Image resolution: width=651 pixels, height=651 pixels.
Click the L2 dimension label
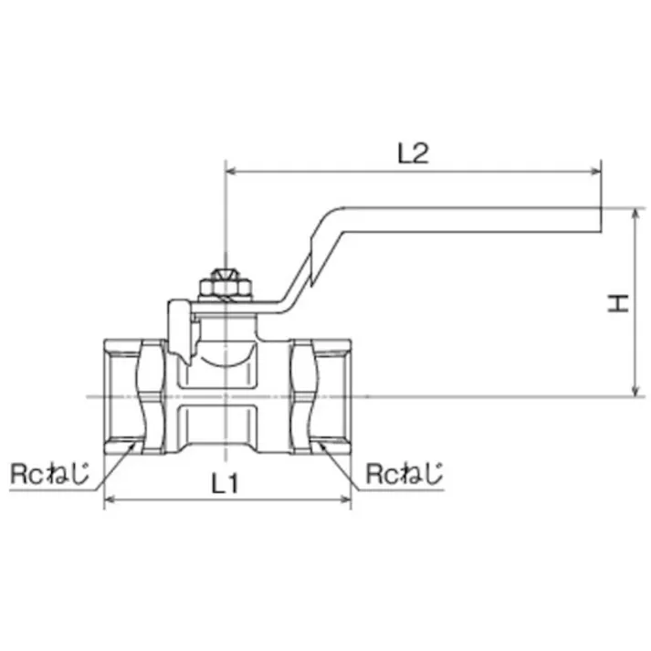click(x=413, y=152)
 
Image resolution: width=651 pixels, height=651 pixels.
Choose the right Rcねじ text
click(x=403, y=474)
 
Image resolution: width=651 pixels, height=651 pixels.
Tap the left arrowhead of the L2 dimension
click(x=231, y=171)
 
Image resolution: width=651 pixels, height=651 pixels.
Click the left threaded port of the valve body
click(x=123, y=396)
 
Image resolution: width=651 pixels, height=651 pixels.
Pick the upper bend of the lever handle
click(x=333, y=213)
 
